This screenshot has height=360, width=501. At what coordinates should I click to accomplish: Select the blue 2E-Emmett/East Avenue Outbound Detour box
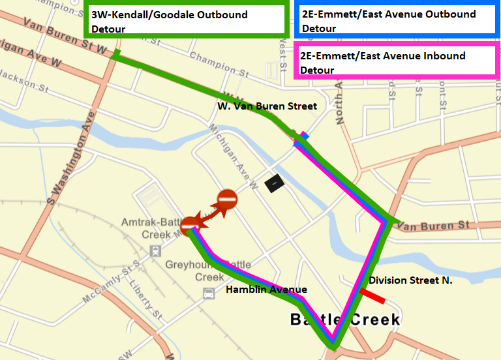pyautogui.click(x=397, y=21)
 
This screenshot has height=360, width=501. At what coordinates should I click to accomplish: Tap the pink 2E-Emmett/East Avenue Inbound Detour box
pyautogui.click(x=397, y=63)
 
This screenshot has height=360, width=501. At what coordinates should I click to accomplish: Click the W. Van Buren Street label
pyautogui.click(x=267, y=106)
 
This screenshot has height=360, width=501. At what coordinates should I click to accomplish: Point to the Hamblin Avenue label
pyautogui.click(x=266, y=290)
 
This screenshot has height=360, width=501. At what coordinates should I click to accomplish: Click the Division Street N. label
pyautogui.click(x=410, y=280)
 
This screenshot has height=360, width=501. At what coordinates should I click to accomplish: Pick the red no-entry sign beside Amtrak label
pyautogui.click(x=189, y=224)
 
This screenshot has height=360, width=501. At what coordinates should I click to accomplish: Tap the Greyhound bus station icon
pyautogui.click(x=209, y=294)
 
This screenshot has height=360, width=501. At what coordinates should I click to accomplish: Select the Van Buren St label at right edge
pyautogui.click(x=433, y=226)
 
